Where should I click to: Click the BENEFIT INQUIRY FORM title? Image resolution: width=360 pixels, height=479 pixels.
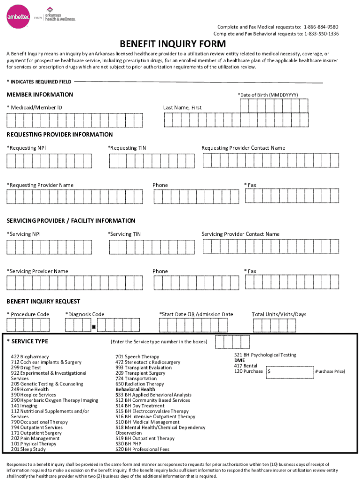(173, 44)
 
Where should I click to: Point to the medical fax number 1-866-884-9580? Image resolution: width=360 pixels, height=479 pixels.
(321, 27)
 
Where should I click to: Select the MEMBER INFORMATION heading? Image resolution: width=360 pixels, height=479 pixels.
(40, 94)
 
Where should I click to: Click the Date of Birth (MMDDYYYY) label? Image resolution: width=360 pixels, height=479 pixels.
(267, 95)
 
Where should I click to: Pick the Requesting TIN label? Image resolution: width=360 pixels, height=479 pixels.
(127, 148)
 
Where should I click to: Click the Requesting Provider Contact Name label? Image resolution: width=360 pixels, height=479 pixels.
(243, 148)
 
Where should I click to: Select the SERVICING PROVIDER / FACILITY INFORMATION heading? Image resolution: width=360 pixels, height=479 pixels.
(71, 221)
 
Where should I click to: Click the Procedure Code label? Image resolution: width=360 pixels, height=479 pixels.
(28, 314)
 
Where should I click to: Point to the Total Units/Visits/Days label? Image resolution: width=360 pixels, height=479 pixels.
(279, 314)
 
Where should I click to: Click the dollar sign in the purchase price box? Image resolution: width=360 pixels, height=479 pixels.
(269, 371)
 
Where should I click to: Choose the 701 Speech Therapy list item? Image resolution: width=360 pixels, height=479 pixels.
(137, 357)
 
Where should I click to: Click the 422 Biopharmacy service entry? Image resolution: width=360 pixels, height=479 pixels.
(29, 357)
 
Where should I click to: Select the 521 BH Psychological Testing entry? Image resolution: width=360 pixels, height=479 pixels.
(265, 355)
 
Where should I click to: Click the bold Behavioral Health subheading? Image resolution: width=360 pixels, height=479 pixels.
(135, 389)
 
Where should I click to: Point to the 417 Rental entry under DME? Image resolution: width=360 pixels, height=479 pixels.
(245, 366)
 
